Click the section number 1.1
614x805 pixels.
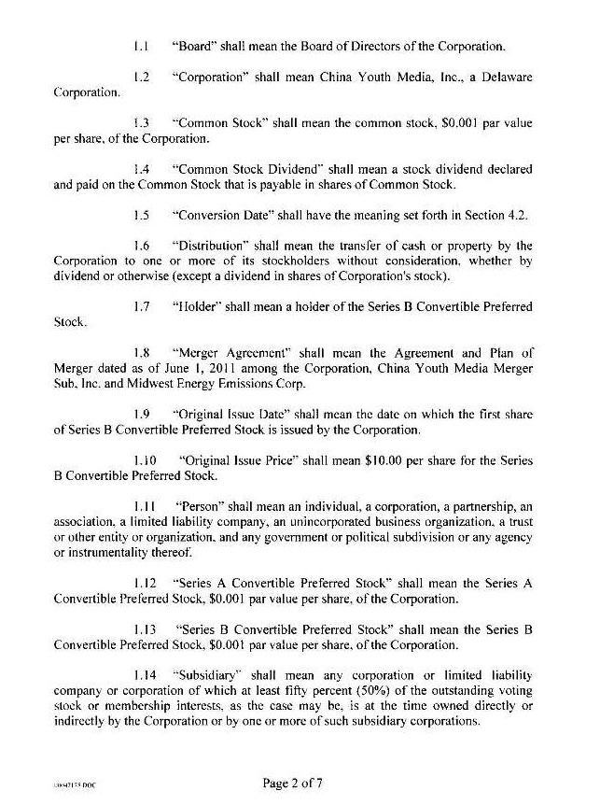click(x=141, y=46)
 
